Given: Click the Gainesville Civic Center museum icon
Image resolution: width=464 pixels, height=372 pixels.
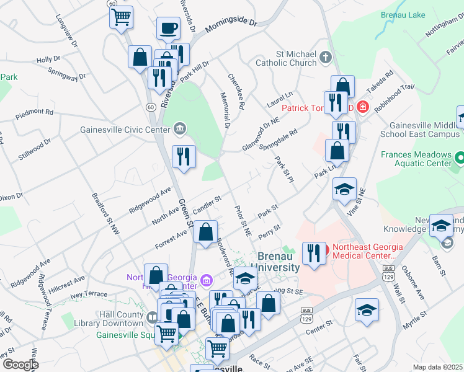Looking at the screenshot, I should (179, 129).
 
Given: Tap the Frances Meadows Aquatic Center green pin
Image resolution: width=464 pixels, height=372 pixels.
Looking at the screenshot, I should (459, 157).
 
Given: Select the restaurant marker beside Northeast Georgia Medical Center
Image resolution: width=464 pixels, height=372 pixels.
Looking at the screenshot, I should (314, 253).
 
